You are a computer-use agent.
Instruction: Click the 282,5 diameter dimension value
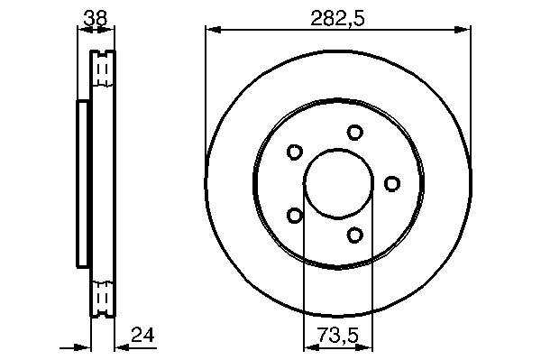(337, 18)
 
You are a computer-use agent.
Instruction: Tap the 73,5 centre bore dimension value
(338, 335)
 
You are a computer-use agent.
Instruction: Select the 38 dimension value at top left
(96, 18)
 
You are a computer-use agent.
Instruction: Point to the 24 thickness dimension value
(142, 334)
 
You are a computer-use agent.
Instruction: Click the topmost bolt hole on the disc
(354, 133)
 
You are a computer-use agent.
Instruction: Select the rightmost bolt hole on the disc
(392, 184)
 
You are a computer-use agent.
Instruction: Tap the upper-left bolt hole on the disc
(295, 152)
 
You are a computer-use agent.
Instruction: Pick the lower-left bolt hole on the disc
(295, 216)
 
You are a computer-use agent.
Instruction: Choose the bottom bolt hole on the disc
(354, 235)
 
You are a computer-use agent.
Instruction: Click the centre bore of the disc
(338, 184)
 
